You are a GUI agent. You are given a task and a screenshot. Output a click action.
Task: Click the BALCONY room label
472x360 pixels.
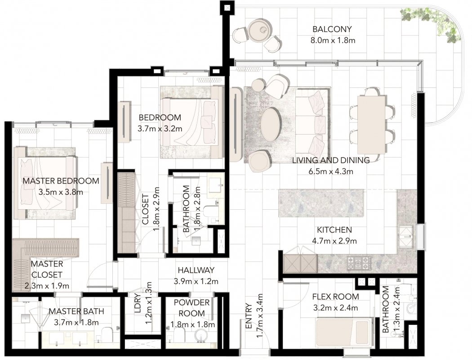(332, 29)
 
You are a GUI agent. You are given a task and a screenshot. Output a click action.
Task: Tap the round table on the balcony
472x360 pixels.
(259, 29)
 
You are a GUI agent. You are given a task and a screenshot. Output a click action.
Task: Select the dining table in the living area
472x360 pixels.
(372, 124)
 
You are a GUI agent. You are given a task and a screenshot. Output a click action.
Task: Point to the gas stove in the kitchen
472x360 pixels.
(359, 263)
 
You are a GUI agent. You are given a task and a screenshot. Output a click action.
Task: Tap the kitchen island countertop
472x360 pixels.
(321, 203)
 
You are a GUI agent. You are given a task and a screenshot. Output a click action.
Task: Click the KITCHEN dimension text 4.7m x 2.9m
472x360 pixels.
(334, 241)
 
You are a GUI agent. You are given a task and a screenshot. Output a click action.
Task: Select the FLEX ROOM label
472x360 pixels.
(336, 297)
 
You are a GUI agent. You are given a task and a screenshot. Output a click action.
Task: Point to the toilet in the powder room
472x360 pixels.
(179, 335)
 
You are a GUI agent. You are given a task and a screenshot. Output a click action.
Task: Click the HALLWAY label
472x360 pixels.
(196, 270)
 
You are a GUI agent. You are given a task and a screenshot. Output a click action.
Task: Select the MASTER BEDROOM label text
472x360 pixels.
(61, 181)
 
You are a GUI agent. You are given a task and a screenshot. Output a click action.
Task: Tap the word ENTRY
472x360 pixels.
(249, 316)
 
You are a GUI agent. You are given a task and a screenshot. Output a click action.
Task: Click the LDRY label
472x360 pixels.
(138, 303)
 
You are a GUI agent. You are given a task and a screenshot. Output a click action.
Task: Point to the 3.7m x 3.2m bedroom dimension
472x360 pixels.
(160, 129)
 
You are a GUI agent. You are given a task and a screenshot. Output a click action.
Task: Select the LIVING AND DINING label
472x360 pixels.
(331, 160)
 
